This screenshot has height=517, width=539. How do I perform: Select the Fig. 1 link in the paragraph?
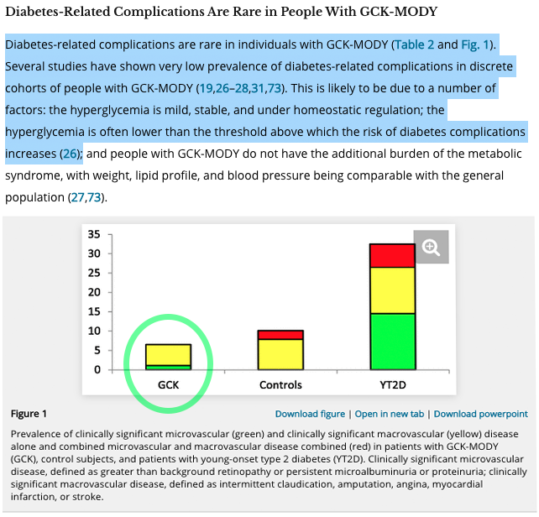click(x=475, y=44)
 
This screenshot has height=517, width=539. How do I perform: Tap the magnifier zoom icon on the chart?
click(x=432, y=247)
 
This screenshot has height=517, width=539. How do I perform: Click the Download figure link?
click(x=310, y=414)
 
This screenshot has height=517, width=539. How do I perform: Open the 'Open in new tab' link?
click(x=390, y=414)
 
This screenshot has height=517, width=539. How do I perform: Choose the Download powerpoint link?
click(x=480, y=414)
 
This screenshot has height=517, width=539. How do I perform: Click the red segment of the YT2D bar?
click(x=394, y=255)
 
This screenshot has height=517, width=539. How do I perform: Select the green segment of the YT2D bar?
click(x=394, y=341)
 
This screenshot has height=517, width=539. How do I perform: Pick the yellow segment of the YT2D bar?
click(x=394, y=290)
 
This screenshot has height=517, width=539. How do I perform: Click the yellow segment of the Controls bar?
click(x=280, y=353)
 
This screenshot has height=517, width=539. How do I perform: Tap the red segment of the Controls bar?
click(x=280, y=334)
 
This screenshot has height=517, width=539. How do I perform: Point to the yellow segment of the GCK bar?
click(x=169, y=354)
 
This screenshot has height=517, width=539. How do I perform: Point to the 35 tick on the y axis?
click(x=94, y=234)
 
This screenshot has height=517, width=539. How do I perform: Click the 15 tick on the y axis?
click(x=94, y=311)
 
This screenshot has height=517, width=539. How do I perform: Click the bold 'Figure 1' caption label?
click(x=29, y=414)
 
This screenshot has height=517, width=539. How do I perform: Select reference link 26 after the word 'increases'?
click(x=71, y=154)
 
